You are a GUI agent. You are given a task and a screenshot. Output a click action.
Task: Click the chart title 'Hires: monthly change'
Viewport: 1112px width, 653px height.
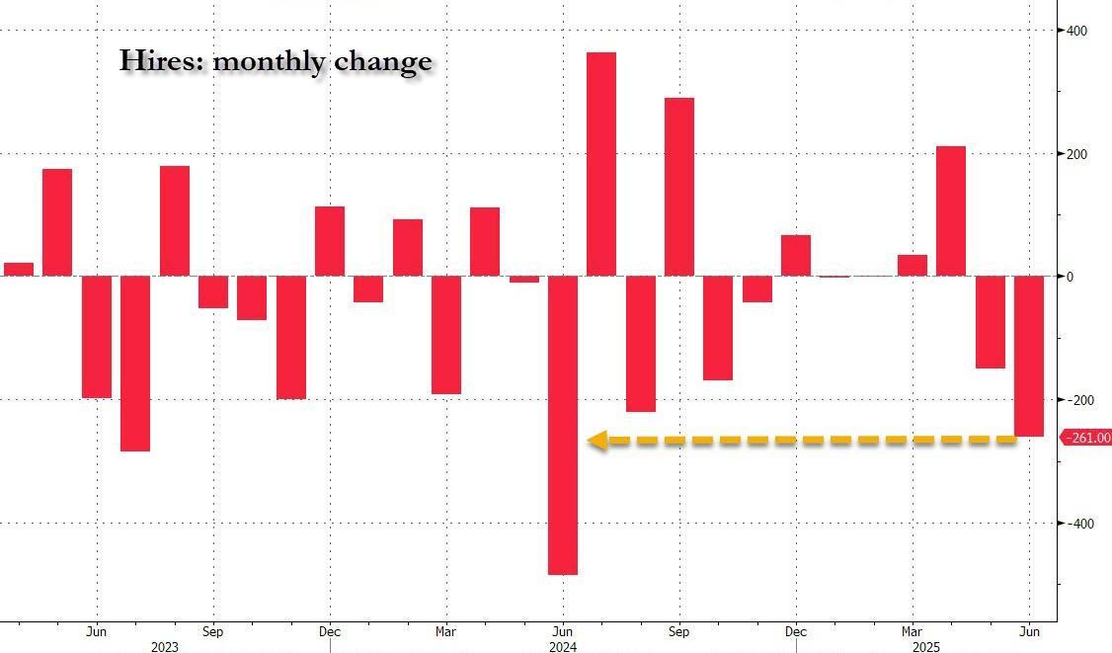276,61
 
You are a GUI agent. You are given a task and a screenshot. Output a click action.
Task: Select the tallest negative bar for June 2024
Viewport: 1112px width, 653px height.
563,425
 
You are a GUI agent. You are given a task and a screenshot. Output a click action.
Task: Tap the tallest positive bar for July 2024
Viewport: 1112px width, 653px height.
601,164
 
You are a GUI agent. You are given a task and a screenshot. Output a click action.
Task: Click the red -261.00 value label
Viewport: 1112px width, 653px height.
1086,438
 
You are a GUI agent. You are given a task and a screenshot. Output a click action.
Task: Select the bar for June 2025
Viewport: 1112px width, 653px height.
1029,356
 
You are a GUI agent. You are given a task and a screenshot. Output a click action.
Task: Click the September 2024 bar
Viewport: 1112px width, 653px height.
679,187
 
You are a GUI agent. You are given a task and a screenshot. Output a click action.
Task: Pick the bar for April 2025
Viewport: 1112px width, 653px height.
951,211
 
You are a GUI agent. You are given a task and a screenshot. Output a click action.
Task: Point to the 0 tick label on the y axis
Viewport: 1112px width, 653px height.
1070,277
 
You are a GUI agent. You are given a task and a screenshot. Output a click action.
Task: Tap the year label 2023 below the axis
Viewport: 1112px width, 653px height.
164,647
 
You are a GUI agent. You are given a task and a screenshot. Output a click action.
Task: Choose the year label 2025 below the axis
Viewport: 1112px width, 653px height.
926,647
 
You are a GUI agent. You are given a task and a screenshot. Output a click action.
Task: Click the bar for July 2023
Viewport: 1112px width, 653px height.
135,364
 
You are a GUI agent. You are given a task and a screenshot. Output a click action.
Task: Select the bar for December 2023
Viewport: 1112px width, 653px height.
330,241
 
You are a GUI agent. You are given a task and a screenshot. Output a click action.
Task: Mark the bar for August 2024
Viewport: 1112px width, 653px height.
640,344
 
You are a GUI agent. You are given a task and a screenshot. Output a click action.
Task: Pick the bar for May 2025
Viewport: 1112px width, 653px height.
991,322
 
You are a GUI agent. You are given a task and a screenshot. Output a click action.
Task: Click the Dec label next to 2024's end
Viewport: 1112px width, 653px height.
795,631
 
